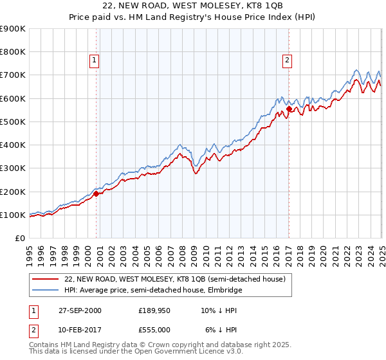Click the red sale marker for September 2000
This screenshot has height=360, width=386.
pos(96,193)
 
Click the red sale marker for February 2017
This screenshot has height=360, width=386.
pos(289,109)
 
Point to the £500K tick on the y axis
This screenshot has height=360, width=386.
pos(13,122)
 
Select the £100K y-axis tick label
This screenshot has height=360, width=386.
pos(13,215)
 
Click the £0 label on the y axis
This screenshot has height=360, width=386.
pos(19,238)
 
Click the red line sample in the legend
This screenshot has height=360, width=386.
pos(46,278)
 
